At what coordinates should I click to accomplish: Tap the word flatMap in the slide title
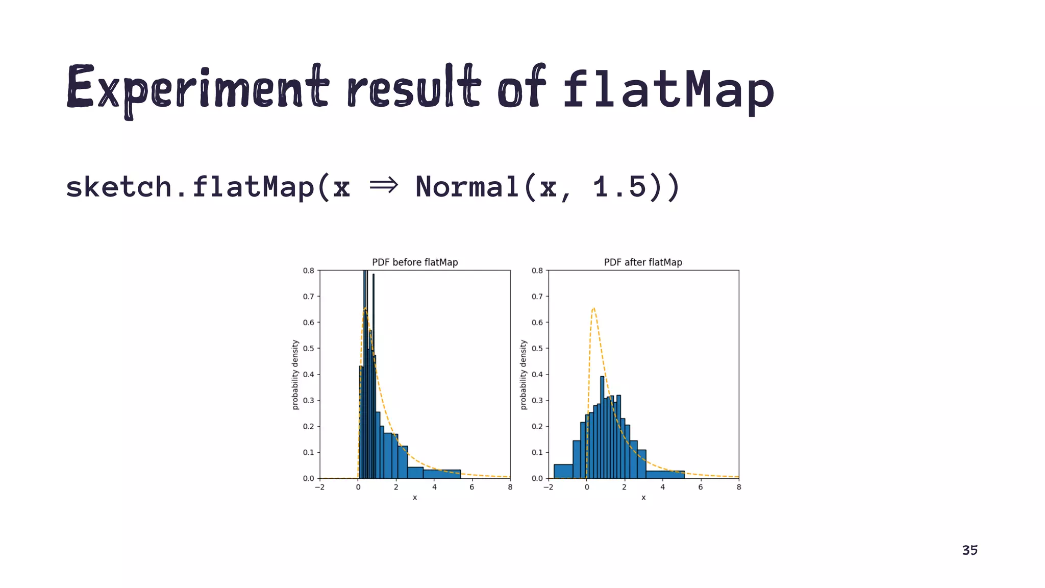(x=668, y=89)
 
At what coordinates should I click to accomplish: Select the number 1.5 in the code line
(x=620, y=187)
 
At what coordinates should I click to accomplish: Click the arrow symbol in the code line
(x=383, y=186)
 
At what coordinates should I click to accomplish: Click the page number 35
(x=969, y=550)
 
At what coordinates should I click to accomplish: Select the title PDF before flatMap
(x=415, y=262)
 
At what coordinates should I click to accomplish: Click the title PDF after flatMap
(x=643, y=262)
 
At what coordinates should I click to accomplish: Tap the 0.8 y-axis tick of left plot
(x=308, y=271)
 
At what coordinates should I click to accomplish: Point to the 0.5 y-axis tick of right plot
(x=537, y=349)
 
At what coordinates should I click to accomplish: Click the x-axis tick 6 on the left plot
(x=472, y=487)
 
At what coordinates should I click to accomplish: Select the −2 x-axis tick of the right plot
(x=548, y=487)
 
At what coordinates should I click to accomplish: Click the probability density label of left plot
(x=295, y=375)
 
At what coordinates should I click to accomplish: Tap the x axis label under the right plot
(x=643, y=498)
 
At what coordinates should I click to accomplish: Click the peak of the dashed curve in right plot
(x=593, y=308)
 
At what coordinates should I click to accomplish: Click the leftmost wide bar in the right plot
(x=563, y=472)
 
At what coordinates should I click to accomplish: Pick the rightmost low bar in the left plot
(x=442, y=474)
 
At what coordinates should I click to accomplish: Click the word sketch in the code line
(x=118, y=187)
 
